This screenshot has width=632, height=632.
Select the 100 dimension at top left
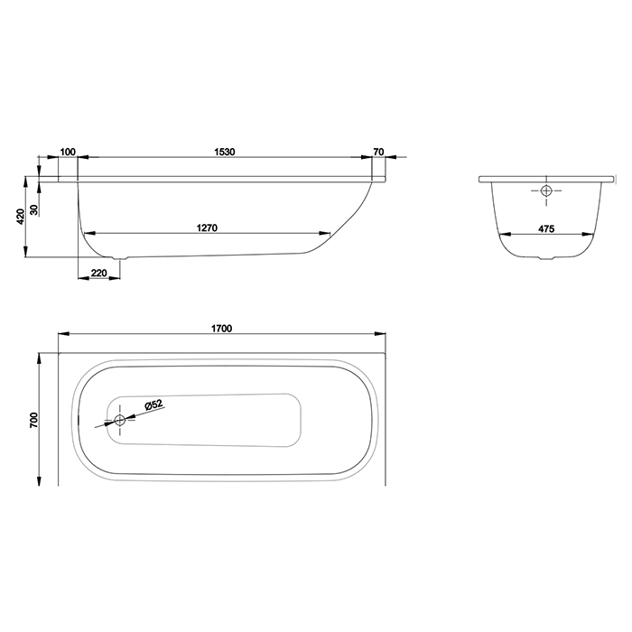68,152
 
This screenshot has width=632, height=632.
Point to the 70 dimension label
378,152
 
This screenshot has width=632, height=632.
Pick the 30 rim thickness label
34,209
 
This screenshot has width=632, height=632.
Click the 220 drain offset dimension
99,273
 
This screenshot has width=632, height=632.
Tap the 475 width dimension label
545,228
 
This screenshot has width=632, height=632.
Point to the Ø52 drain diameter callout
152,406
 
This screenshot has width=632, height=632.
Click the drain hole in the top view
119,420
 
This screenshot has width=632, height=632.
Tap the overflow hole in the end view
546,191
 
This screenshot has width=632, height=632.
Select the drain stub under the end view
545,260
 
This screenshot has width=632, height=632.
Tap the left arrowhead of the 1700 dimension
61,336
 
